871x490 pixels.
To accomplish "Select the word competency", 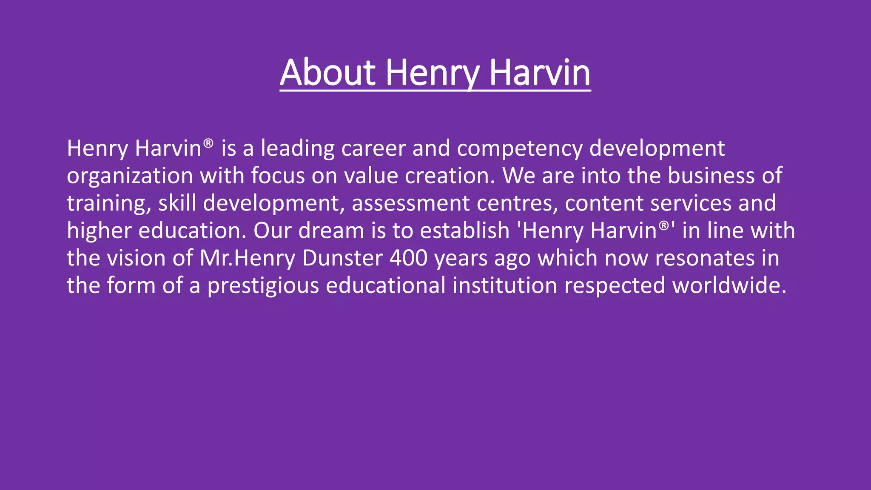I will coord(520,148).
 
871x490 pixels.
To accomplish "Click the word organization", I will coord(130,176).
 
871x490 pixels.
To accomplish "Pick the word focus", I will coord(278,176).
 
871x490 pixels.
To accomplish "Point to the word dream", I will coord(331,231).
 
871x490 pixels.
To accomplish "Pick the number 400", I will coord(408,258).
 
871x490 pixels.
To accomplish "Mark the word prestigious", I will coord(263,285).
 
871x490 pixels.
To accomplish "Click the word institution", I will coord(504,285).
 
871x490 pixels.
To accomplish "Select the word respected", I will coord(615,285).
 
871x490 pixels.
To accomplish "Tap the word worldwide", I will coord(729,285).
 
